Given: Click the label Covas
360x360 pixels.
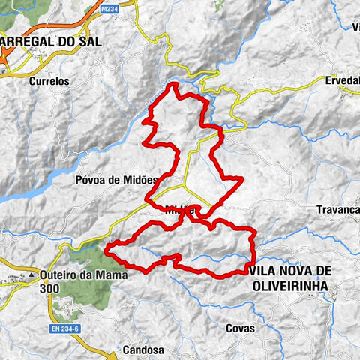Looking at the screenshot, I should [x=241, y=328].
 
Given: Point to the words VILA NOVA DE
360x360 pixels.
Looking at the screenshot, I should [x=291, y=269].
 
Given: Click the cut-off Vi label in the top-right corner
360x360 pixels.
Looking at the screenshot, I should [x=354, y=28].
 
